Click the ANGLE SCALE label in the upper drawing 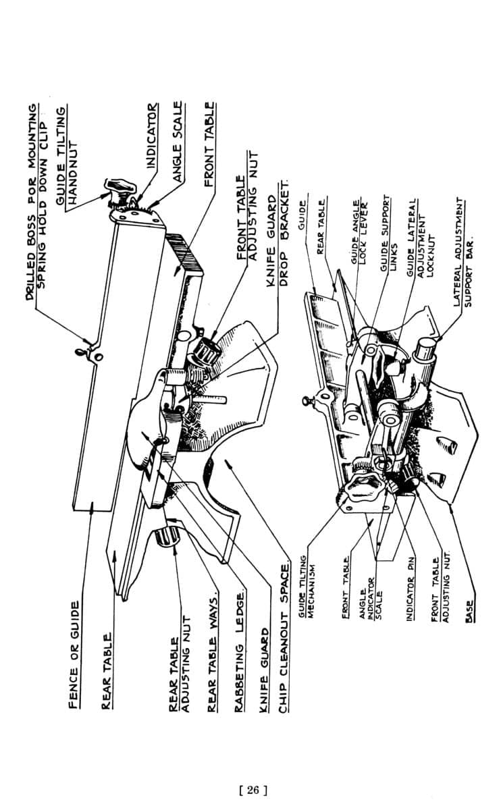[178, 142]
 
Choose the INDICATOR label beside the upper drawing [153, 135]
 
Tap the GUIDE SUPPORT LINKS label [389, 232]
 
